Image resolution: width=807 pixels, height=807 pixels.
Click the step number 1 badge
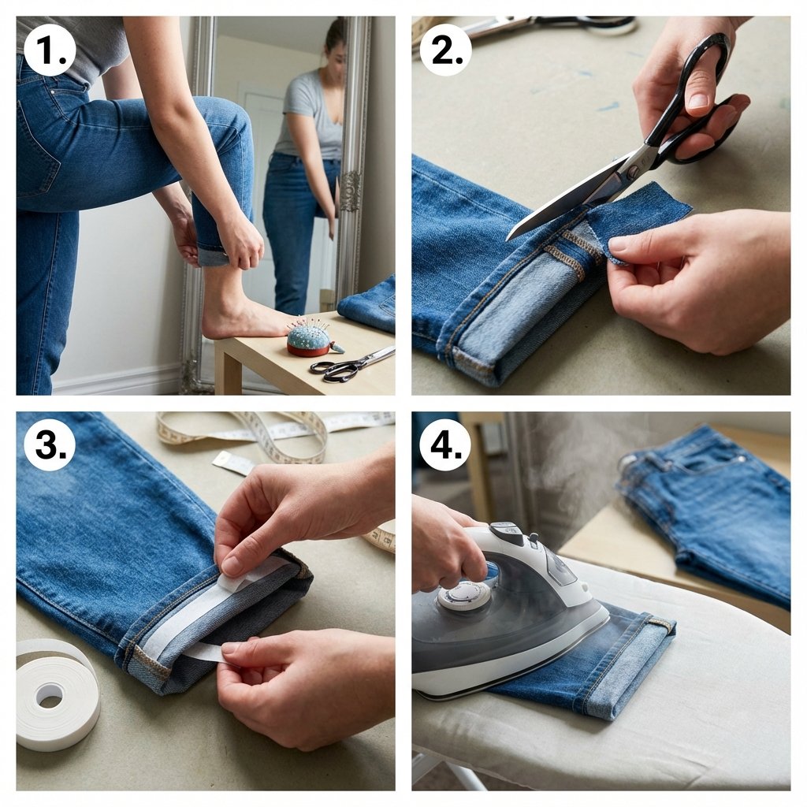coord(50,50)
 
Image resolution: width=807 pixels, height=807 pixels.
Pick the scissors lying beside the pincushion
coord(352,365)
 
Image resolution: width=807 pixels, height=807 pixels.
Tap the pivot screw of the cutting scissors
coord(631,169)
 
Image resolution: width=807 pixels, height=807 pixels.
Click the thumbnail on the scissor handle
coord(699,97)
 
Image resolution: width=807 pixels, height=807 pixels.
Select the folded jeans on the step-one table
coord(368,305)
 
